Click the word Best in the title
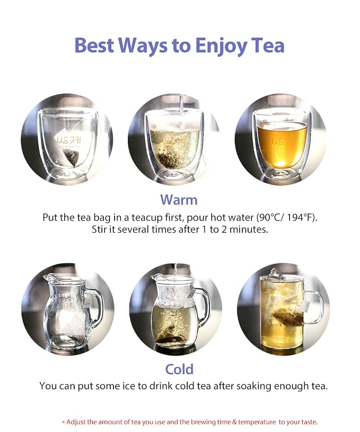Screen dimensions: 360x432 pyautogui.click(x=94, y=46)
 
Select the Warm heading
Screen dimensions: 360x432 pyautogui.click(x=179, y=200)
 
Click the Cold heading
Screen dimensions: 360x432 pyautogui.click(x=179, y=369)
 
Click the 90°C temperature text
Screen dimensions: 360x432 pyautogui.click(x=269, y=218)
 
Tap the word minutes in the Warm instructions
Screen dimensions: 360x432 pyautogui.click(x=249, y=229)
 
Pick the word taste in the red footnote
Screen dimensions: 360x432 pyautogui.click(x=309, y=422)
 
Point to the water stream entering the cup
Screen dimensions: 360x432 pyautogui.click(x=181, y=105)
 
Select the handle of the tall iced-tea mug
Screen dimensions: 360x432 pyautogui.click(x=313, y=306)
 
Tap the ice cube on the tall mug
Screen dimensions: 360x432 pyautogui.click(x=276, y=274)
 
